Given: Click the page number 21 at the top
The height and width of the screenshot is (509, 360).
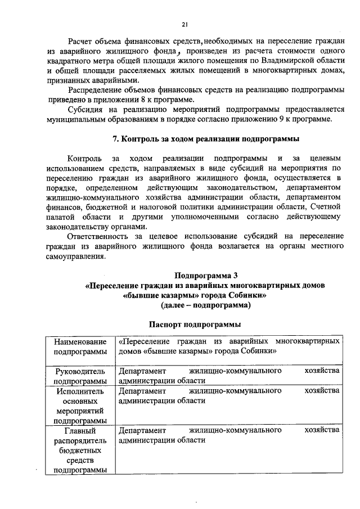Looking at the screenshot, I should pos(184,24).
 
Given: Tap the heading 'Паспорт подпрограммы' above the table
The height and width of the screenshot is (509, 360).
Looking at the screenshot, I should pos(195,325).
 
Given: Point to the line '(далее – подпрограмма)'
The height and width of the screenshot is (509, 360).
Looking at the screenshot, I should pos(206,305).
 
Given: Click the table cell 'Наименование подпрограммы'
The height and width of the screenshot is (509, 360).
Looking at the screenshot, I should pos(80,346).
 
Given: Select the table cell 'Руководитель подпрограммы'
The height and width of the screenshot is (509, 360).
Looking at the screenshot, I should pos(80,376).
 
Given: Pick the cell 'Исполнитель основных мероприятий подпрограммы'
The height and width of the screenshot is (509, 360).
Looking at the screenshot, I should pos(80,406).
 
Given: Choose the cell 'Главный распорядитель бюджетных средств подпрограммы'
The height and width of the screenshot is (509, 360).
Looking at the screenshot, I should pos(80,450).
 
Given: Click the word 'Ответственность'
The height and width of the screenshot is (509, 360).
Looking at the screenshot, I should pos(102,237).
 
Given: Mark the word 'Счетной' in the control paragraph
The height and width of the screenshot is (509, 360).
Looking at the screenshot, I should pos(322,207).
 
